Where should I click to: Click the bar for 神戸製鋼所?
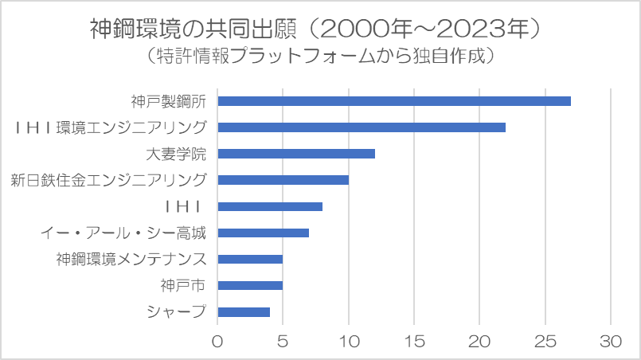[394, 101]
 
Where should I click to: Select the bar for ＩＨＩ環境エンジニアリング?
[362, 127]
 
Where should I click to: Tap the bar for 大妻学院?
[296, 154]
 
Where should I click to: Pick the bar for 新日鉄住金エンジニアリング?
[283, 180]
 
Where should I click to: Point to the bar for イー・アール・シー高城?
[264, 233]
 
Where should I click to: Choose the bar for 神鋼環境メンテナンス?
[250, 259]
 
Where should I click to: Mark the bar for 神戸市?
[250, 285]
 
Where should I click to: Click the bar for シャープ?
[244, 311]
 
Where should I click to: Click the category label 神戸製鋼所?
[169, 101]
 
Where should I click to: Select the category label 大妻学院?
[176, 155]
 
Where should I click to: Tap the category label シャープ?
[176, 311]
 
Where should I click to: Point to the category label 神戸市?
[182, 286]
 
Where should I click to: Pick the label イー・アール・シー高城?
[123, 233]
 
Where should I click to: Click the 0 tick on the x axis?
[217, 341]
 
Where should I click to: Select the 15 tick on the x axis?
[414, 341]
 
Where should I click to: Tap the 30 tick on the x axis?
[611, 341]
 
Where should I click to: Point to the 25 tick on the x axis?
[545, 341]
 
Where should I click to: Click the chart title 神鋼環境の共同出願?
[193, 29]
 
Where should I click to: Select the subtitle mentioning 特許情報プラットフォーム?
[319, 56]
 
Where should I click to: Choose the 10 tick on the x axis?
[349, 341]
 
